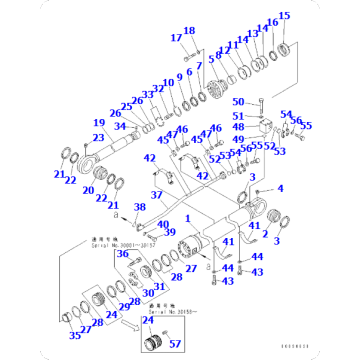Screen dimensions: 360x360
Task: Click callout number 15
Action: [284, 16]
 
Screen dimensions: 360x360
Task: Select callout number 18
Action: [190, 31]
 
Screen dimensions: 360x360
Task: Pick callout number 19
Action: [100, 123]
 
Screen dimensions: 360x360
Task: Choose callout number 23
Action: [99, 138]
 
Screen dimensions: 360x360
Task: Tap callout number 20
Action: [88, 190]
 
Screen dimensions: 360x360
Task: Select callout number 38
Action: [140, 206]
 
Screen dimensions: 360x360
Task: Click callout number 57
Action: [175, 343]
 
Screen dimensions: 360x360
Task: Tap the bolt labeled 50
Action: [261, 104]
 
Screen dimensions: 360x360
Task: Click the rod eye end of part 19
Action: [91, 159]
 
